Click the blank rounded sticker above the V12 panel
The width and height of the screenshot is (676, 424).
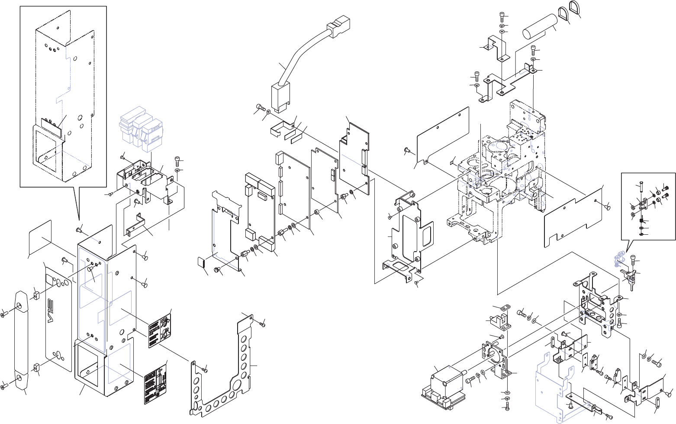coord(40,238)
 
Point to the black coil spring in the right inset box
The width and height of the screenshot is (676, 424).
coord(642,221)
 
